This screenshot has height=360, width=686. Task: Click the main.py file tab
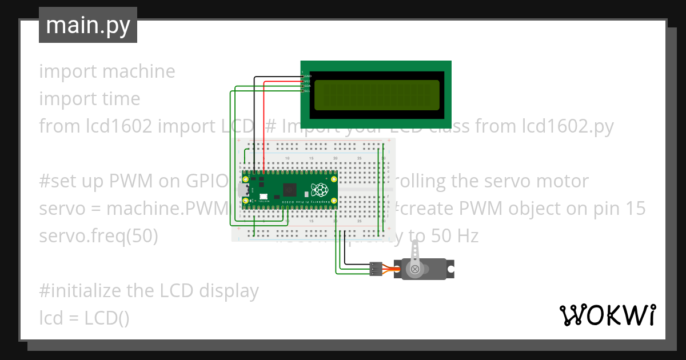[88, 25]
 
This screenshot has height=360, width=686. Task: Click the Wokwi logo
[607, 315]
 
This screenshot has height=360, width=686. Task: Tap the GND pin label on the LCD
[307, 76]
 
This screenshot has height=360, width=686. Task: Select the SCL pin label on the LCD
[307, 91]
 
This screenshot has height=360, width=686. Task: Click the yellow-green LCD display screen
[376, 95]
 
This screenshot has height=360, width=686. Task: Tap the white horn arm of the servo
[416, 255]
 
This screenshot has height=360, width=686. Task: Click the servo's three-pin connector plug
[376, 269]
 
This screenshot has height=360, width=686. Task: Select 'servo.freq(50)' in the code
[98, 236]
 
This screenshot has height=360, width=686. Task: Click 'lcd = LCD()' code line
[84, 318]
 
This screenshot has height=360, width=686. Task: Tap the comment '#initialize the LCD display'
[149, 291]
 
